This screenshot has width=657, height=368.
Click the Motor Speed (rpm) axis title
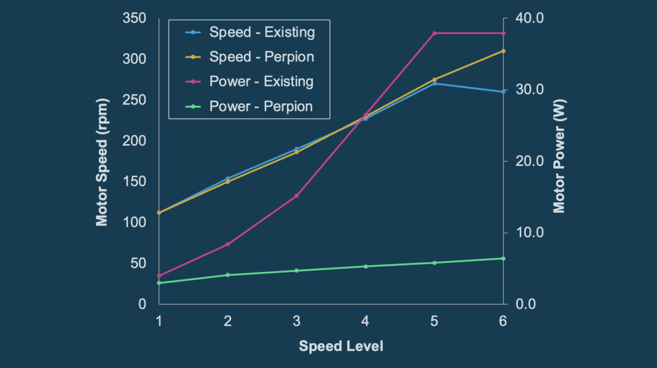tap(101, 161)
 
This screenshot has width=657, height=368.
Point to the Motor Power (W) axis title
tap(559, 161)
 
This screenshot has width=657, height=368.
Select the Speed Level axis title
tap(341, 346)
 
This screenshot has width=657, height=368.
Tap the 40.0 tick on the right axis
tap(531, 18)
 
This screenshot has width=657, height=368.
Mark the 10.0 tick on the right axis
tap(531, 233)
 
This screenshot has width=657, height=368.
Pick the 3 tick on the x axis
tap(296, 321)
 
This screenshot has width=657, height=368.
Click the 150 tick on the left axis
tap(135, 181)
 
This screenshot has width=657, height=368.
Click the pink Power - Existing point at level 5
tap(434, 33)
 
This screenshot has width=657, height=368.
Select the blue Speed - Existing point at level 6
tap(503, 92)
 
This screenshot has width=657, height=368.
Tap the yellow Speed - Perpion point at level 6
tap(503, 51)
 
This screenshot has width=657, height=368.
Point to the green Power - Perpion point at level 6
tap(503, 258)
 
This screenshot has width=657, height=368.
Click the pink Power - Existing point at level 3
tap(296, 196)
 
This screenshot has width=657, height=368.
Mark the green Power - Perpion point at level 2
tap(228, 275)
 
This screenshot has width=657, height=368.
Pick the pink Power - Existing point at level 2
tap(228, 244)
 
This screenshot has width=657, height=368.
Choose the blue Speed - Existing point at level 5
tap(434, 83)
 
